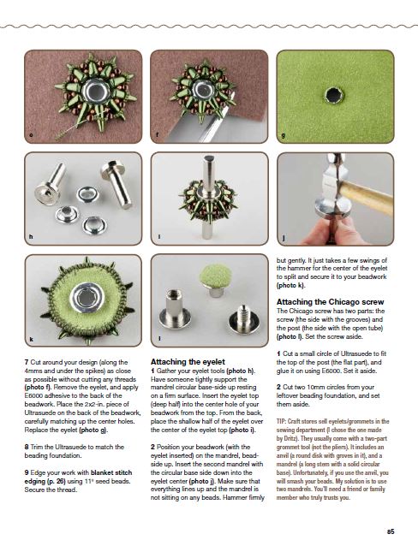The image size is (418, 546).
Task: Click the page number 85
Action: [x=391, y=531]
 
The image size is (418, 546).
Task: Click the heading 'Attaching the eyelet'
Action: [x=188, y=361]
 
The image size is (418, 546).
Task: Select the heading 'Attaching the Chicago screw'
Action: [x=330, y=301]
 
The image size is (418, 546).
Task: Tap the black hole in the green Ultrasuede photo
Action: [x=334, y=95]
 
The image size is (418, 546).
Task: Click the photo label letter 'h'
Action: [x=31, y=237]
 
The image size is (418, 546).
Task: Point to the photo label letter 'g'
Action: [x=283, y=135]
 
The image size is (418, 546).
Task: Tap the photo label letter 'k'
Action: [x=31, y=339]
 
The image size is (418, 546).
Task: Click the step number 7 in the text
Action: [x=27, y=362]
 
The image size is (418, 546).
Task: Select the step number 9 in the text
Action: [x=27, y=472]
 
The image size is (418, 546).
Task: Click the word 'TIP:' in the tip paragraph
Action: [x=281, y=421]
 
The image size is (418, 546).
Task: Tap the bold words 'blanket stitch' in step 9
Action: [x=111, y=472]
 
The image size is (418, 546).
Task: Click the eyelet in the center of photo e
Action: [x=96, y=92]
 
